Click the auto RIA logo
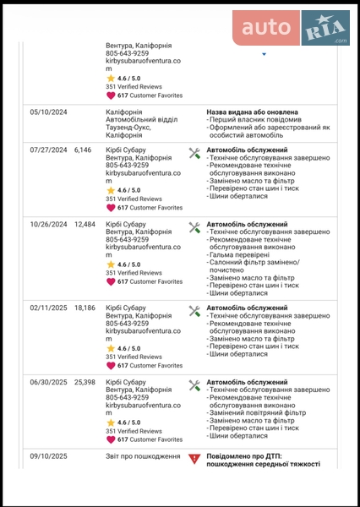[292, 29]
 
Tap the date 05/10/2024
[48, 112]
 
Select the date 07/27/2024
[48, 150]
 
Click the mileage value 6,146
[83, 150]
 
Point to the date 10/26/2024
[48, 225]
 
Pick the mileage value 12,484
[85, 225]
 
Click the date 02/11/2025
[48, 308]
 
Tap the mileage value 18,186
[85, 308]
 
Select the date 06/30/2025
[48, 382]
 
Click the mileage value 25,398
[85, 382]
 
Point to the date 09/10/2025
[48, 456]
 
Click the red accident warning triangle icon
[194, 457]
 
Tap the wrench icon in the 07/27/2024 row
[194, 153]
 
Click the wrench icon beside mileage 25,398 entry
[194, 385]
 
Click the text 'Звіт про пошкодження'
[143, 456]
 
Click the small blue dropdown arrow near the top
[264, 54]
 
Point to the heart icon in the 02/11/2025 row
[111, 366]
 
